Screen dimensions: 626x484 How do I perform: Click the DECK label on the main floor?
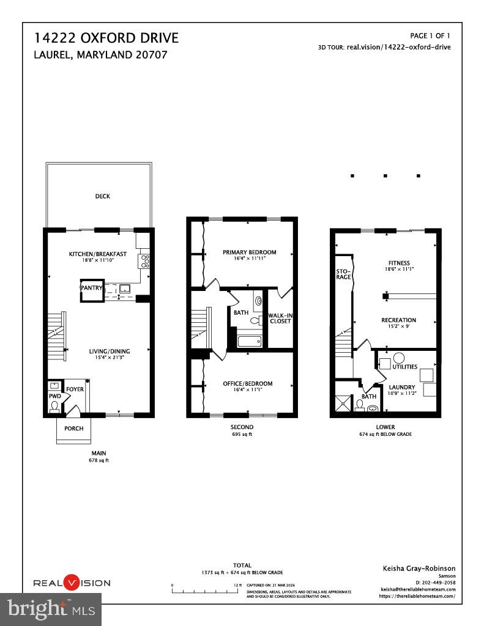(102, 196)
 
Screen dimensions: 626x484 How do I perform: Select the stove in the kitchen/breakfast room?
(146, 262)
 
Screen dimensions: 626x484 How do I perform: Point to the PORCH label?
(73, 428)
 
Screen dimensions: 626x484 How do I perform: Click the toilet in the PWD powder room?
(55, 406)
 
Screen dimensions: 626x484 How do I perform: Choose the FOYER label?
(75, 389)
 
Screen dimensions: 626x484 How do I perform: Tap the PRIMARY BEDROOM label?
(249, 252)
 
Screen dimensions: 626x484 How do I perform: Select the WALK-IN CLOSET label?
(280, 319)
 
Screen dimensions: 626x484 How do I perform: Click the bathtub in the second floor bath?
(250, 341)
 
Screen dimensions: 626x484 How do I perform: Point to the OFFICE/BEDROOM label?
(247, 383)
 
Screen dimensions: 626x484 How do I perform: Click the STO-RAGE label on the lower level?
(343, 274)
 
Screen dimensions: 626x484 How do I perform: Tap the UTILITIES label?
(405, 367)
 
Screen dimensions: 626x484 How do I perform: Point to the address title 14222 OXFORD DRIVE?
(106, 39)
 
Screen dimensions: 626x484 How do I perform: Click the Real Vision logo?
(72, 583)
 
